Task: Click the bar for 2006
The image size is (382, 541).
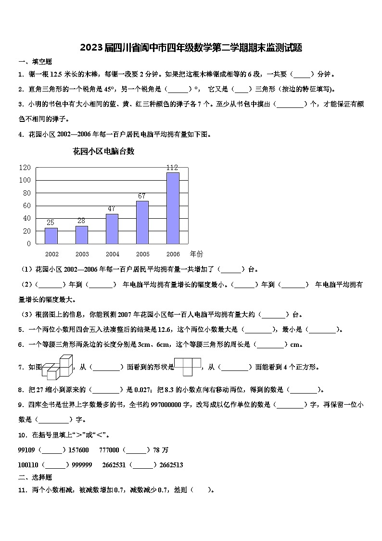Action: [x=173, y=208]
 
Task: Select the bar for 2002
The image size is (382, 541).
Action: [x=51, y=236]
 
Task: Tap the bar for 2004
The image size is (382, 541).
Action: [x=112, y=229]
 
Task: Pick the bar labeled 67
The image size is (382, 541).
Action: [x=142, y=222]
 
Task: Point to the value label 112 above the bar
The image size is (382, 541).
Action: [x=172, y=168]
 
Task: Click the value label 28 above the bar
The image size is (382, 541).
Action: [x=82, y=222]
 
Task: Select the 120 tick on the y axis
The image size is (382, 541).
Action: [x=25, y=168]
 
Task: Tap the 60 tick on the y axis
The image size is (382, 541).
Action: [x=26, y=206]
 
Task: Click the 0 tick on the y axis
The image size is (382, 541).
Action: [x=28, y=244]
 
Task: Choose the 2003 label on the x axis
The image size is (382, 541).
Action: [x=82, y=254]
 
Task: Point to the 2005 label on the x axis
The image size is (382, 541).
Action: [x=142, y=254]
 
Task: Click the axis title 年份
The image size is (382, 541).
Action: [x=196, y=253]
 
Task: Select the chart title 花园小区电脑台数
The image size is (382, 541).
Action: [x=103, y=151]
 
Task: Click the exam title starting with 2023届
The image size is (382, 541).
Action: [x=191, y=47]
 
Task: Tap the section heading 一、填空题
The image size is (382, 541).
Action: [x=35, y=62]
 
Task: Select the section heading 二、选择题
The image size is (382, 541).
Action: [x=35, y=477]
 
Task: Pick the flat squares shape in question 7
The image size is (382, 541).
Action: [x=188, y=367]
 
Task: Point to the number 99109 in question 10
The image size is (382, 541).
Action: [x=26, y=450]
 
